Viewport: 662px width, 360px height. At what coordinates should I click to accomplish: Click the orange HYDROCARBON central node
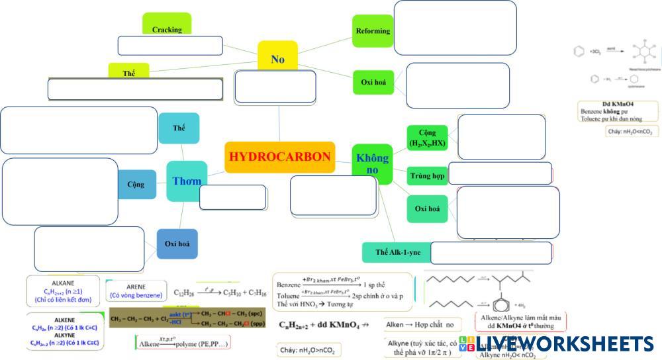(x=279, y=157)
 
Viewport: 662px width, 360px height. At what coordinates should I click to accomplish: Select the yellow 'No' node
(x=277, y=59)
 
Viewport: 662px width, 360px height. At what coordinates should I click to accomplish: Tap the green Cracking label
(x=167, y=29)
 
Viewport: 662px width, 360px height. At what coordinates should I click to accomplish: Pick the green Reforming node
(x=373, y=30)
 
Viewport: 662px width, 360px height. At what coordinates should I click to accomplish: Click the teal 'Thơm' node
(x=187, y=181)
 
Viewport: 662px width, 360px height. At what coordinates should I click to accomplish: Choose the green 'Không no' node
(x=372, y=163)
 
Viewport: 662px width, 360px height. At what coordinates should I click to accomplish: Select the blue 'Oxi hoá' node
(x=177, y=244)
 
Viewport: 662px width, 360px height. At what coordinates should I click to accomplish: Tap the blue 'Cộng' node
(x=136, y=185)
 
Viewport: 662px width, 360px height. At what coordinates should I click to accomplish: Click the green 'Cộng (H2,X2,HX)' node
(x=427, y=138)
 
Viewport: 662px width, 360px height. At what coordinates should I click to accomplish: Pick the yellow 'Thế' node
(x=128, y=73)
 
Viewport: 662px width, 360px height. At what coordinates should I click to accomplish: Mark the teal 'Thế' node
(x=179, y=128)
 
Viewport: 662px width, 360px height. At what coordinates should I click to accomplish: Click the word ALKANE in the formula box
(x=63, y=283)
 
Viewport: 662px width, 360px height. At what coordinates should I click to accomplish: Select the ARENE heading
(x=136, y=287)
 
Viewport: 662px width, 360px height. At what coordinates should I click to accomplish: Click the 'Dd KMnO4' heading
(x=618, y=104)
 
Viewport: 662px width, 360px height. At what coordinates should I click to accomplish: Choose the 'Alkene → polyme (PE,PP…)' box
(x=182, y=343)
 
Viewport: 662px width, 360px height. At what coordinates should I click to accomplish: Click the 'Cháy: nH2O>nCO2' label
(x=307, y=350)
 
